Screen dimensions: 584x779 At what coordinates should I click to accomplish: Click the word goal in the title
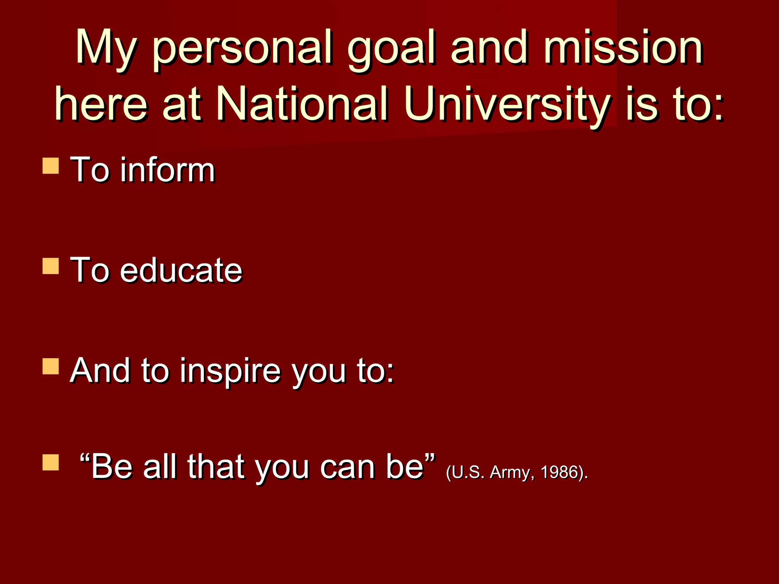[x=392, y=49]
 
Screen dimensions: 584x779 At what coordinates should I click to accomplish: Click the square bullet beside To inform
[x=51, y=166]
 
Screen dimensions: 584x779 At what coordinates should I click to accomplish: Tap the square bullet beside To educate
[x=51, y=266]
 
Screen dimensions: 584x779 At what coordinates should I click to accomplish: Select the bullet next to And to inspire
[x=51, y=367]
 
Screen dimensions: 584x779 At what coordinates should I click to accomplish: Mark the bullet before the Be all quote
[x=51, y=463]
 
